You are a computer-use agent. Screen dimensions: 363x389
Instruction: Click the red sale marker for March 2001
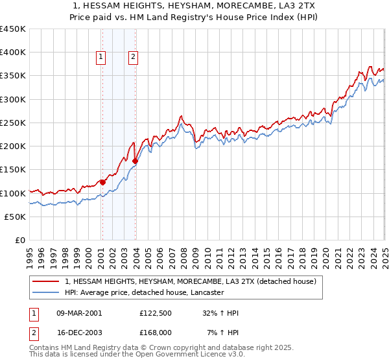pos(102,182)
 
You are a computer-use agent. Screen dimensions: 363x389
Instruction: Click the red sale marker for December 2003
pos(135,161)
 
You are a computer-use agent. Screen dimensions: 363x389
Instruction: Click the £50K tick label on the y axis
pos(16,217)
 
